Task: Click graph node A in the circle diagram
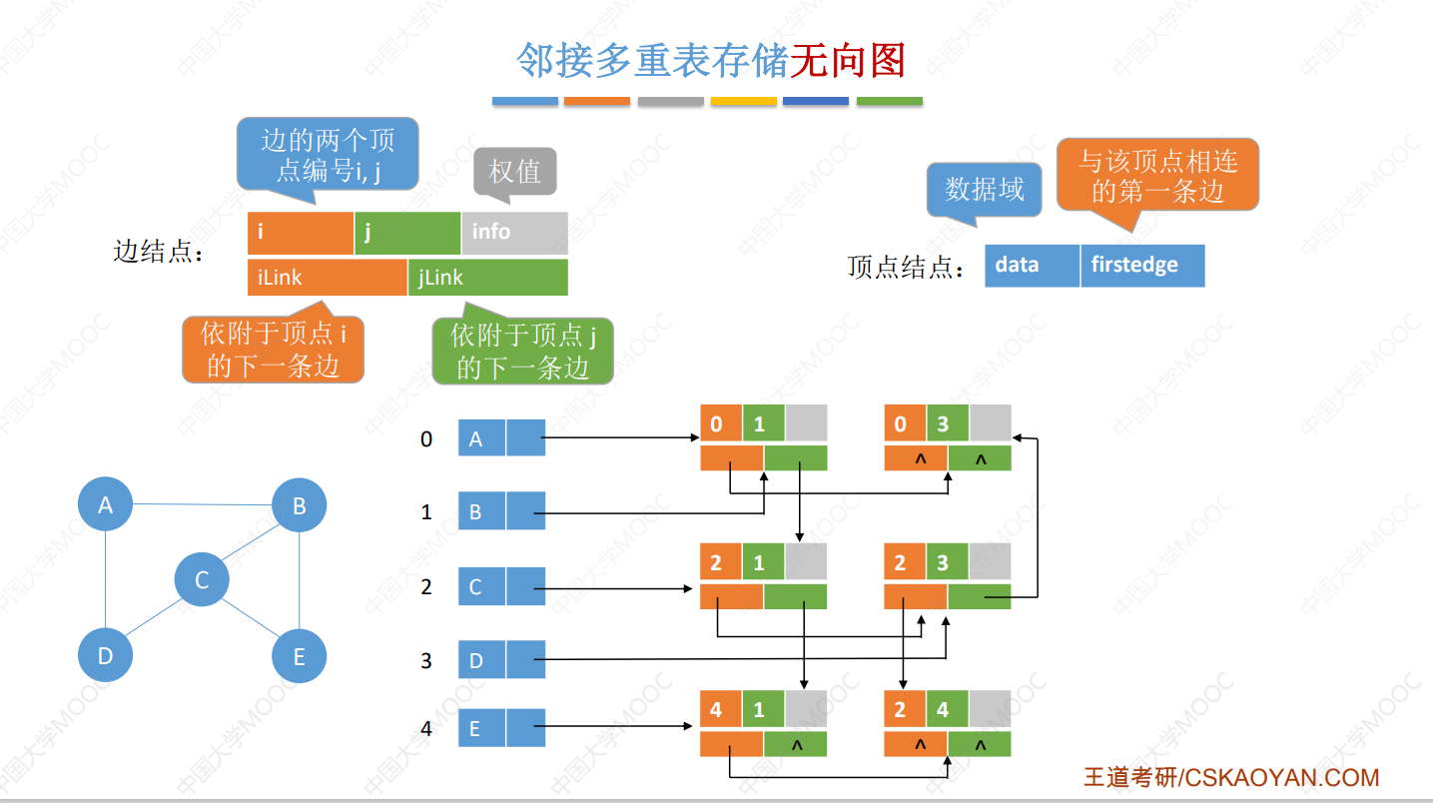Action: click(106, 504)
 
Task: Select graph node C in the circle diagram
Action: click(202, 579)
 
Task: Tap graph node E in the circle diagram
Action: click(299, 656)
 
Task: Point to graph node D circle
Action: click(106, 655)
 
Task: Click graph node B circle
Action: click(299, 505)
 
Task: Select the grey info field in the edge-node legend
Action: click(514, 233)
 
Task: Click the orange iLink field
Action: click(327, 277)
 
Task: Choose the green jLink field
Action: click(488, 277)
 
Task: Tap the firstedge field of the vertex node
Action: click(1142, 266)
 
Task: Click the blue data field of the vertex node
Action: click(1032, 266)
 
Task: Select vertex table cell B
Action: click(481, 511)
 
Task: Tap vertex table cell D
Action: click(481, 659)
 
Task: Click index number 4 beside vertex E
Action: click(426, 728)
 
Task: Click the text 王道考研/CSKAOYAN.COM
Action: click(1231, 777)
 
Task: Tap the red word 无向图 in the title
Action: click(848, 61)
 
